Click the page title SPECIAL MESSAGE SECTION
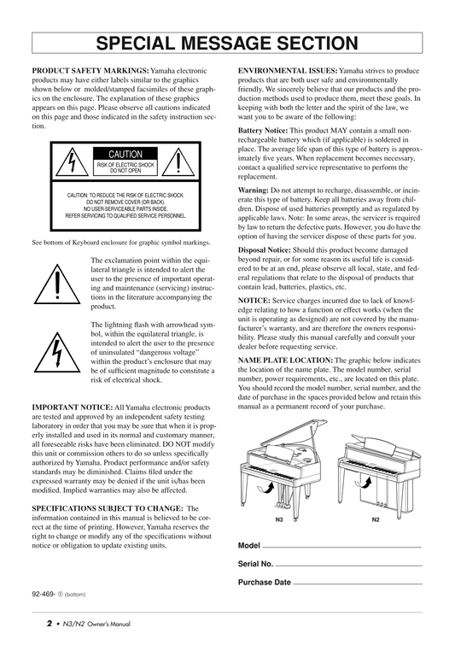227,44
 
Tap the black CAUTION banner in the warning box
125,154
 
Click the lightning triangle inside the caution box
72,162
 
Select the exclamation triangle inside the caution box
178,162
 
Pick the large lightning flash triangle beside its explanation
57,352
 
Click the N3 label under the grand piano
279,520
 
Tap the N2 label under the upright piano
376,520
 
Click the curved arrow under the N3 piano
265,489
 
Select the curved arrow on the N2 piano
363,483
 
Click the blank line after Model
342,547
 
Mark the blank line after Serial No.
348,566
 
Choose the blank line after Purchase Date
358,583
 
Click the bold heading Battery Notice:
263,131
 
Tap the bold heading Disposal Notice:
265,250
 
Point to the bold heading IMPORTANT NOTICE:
73,408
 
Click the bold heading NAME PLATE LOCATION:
285,361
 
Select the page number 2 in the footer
50,624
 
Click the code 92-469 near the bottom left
43,594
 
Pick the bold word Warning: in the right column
254,191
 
